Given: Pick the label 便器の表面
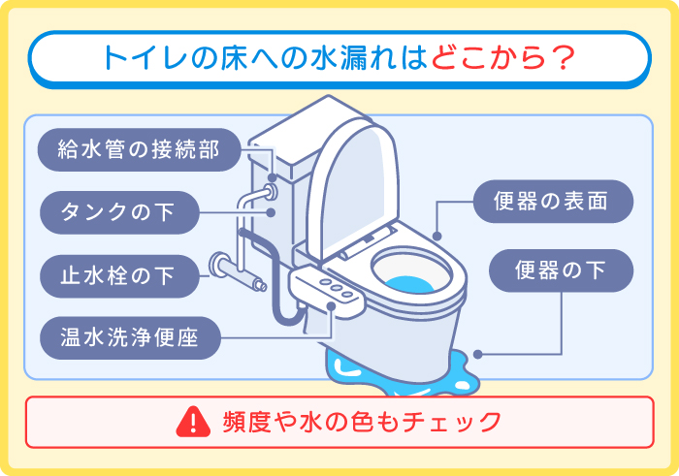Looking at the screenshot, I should (x=553, y=203).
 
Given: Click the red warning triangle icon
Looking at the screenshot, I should (x=194, y=421).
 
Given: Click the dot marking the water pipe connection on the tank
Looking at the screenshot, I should (x=273, y=178).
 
